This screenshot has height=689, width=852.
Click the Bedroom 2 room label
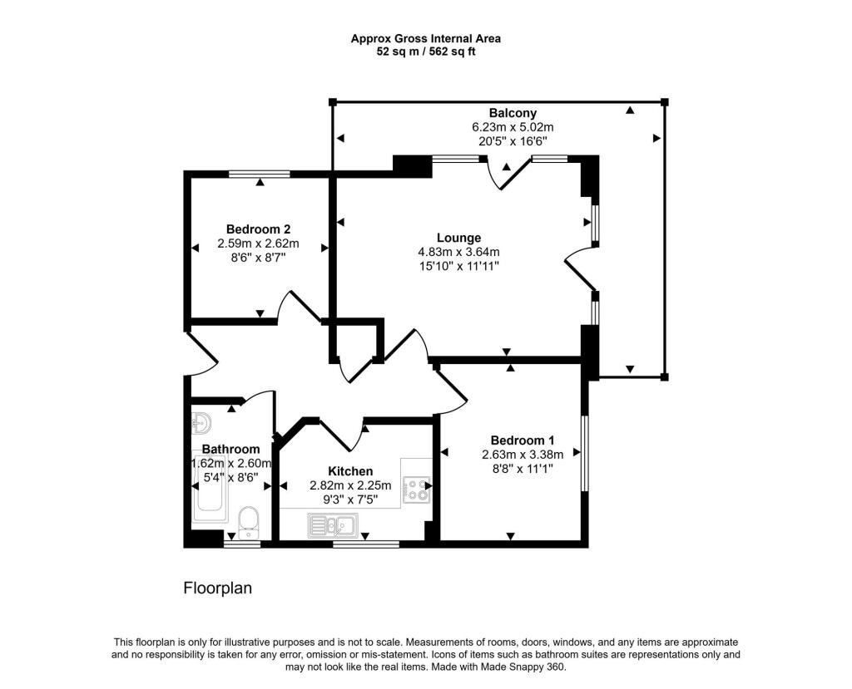click(x=258, y=229)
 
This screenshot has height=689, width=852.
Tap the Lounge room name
click(x=458, y=238)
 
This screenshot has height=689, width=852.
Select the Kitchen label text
click(x=350, y=471)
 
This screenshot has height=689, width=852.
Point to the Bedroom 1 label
click(x=523, y=440)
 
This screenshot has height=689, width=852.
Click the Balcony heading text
click(x=513, y=113)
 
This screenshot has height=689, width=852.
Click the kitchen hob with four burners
click(x=416, y=490)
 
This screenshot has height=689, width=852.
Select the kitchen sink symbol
click(x=332, y=524)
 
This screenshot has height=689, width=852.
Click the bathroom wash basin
click(x=201, y=424)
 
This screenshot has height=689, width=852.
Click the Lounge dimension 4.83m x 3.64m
click(x=458, y=252)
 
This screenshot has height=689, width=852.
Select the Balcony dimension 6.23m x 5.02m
click(x=513, y=127)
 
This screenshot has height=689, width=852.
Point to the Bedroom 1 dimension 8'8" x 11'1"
click(x=523, y=469)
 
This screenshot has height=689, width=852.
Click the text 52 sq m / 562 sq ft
click(x=425, y=52)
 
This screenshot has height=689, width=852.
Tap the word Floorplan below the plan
click(x=217, y=588)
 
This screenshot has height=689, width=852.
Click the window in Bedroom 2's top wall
click(x=260, y=174)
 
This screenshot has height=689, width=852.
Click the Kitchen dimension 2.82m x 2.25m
click(x=350, y=485)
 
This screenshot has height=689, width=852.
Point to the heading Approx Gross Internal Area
click(x=425, y=37)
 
